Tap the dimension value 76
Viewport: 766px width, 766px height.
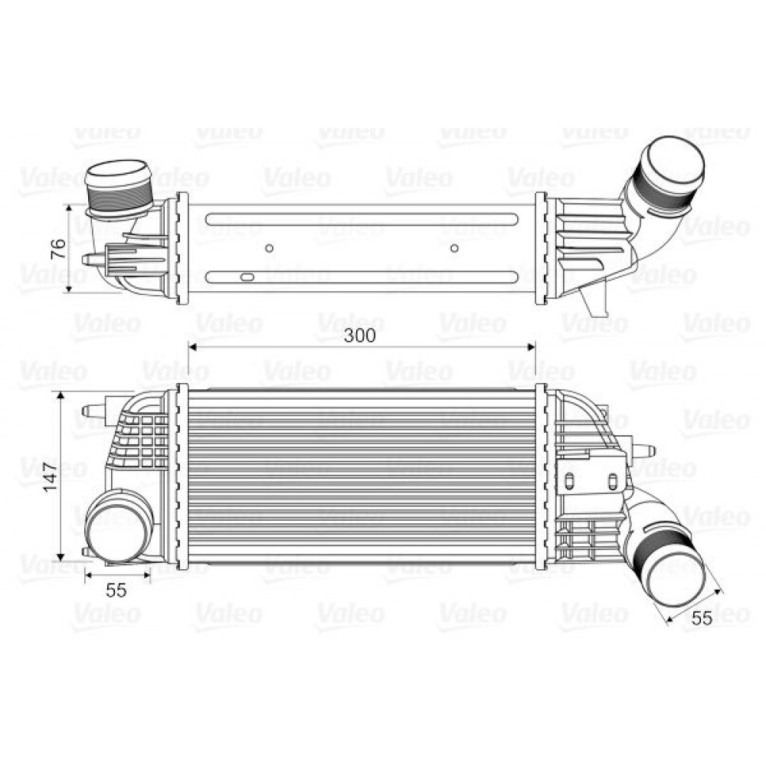[x=57, y=249]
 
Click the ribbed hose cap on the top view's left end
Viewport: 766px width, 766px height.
[x=117, y=188]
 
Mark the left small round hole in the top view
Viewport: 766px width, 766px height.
[x=269, y=247]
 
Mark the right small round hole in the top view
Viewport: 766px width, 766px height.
[x=454, y=247]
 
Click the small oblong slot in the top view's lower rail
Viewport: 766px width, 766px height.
[x=247, y=277]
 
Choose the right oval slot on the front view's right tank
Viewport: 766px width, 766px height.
[x=612, y=481]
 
